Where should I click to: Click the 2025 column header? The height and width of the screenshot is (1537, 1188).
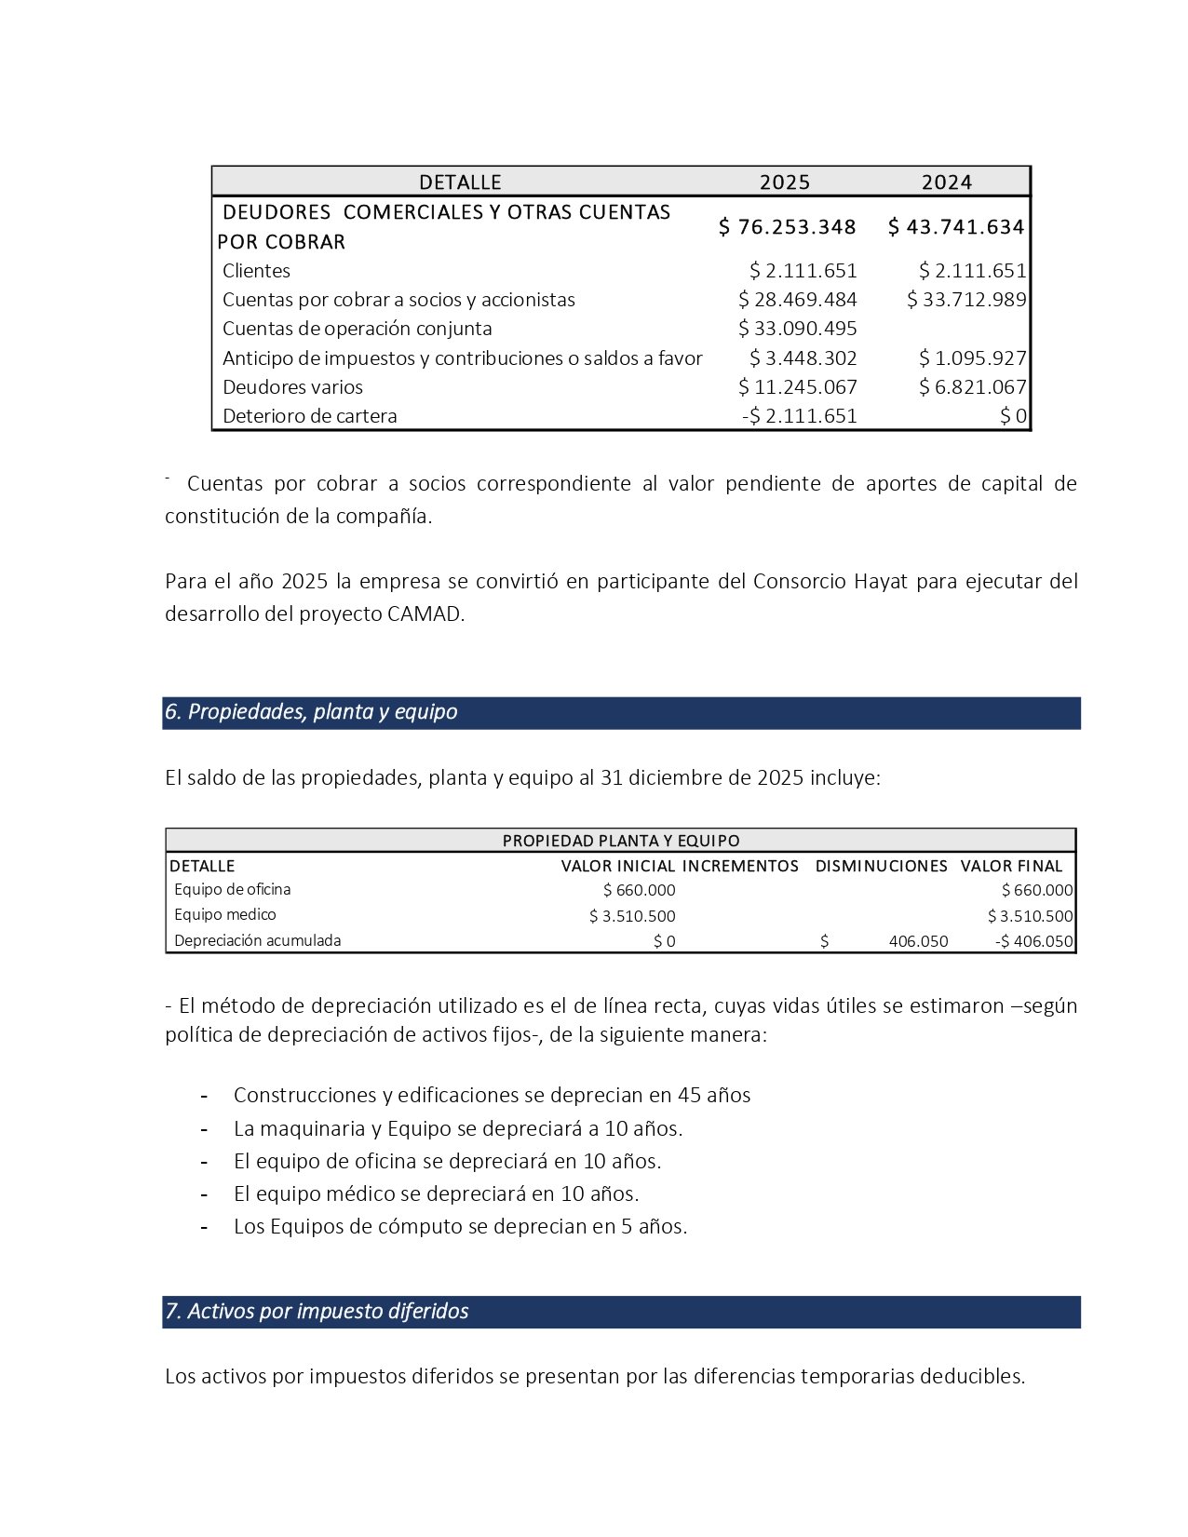784,182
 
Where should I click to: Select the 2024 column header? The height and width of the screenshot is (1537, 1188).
946,182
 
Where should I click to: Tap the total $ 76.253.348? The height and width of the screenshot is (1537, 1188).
787,226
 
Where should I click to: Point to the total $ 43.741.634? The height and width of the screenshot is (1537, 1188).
956,226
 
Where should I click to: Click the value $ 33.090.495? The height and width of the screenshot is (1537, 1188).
798,329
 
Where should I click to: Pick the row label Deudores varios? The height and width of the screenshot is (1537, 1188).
292,387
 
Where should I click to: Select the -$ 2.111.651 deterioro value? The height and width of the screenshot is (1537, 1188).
800,416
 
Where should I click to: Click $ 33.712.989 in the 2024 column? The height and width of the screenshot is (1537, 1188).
966,300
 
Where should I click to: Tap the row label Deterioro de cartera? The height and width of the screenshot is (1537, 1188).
309,416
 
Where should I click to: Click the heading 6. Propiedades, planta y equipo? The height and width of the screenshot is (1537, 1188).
311,712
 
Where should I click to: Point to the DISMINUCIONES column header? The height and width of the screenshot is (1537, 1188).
881,866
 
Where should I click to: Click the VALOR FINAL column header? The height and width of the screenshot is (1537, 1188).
1011,866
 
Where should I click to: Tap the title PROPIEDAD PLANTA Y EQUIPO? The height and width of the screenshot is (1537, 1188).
621,841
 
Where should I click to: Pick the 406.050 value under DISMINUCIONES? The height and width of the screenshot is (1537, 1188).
918,941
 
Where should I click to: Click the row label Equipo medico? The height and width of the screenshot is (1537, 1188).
224,915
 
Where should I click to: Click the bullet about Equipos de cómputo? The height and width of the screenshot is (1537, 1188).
460,1226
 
